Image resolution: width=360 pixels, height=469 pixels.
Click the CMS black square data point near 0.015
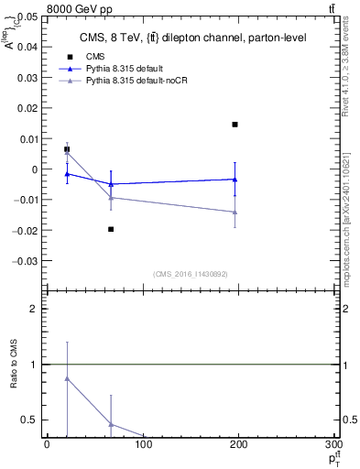pos(235,125)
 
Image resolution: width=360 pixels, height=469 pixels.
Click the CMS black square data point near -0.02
pos(111,229)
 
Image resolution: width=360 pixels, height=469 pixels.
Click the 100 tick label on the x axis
pos(142,445)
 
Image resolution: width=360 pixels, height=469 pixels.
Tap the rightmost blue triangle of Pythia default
pos(235,180)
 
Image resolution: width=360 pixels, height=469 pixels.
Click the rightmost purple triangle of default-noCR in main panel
pos(235,213)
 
